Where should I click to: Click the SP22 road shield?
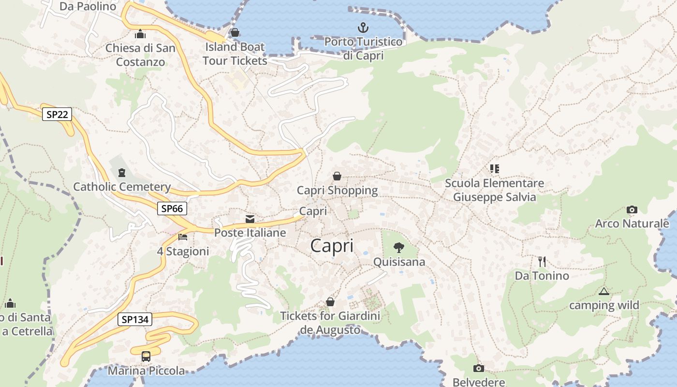coord(57,115)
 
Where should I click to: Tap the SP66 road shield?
coord(172,208)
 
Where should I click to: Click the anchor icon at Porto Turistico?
coord(363,28)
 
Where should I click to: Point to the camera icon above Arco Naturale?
coord(632,209)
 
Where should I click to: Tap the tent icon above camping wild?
coord(603,291)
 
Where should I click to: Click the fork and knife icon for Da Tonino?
coord(542,262)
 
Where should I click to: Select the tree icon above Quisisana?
coord(399,248)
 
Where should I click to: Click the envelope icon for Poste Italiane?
coord(250,219)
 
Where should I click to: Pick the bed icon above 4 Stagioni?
coord(183,237)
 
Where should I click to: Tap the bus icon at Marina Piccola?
coord(146,357)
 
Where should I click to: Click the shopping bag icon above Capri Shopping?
coord(337,176)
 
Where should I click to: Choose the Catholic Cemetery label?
coord(122,187)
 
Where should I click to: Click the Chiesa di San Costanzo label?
coord(140,55)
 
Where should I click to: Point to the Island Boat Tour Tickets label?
coord(235,54)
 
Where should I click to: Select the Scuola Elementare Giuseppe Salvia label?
coord(494,190)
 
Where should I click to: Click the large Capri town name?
coord(332,246)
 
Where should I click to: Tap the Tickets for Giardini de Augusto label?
coord(330,323)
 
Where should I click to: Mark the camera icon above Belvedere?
coord(478,368)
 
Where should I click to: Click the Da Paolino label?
coord(88,6)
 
